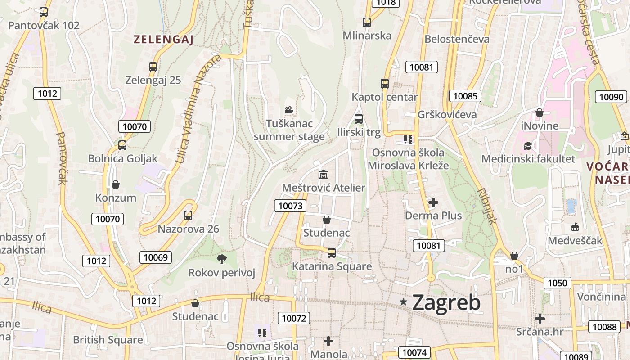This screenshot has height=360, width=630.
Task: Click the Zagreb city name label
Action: (446, 302)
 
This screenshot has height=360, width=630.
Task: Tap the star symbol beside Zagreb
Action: (404, 302)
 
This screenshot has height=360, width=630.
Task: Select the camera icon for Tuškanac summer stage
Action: (289, 110)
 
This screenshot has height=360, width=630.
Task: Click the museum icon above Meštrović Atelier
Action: (323, 174)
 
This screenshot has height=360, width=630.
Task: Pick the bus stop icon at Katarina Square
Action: (332, 252)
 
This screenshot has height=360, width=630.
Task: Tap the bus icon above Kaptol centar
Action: (384, 83)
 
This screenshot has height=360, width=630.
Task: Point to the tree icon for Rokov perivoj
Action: (221, 259)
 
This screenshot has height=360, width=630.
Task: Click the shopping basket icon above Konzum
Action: (116, 184)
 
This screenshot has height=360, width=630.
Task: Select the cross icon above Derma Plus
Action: (433, 202)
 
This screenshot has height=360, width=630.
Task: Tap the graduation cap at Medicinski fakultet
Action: (528, 146)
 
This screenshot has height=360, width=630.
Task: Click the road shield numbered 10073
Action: (290, 206)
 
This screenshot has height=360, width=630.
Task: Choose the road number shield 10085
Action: (465, 96)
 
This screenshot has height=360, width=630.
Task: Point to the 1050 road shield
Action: (558, 283)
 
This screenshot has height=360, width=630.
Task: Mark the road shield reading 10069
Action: (156, 257)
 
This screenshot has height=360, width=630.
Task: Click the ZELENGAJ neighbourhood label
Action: (163, 40)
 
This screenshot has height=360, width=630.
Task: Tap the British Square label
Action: (108, 340)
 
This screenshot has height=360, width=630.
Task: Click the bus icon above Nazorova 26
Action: (188, 216)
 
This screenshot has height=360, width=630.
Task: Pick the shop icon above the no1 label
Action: (514, 256)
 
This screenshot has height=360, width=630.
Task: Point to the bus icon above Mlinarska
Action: (367, 22)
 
